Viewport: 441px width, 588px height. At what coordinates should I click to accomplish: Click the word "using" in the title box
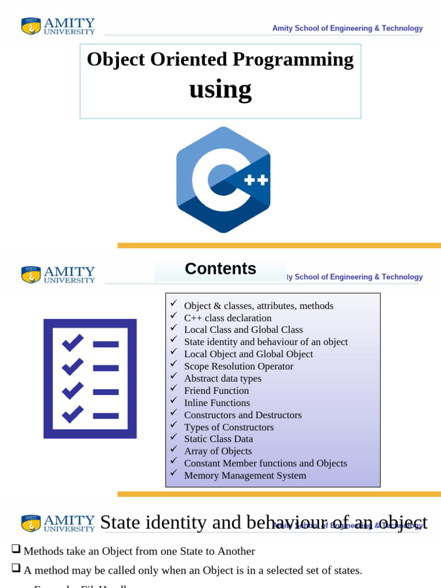coord(220,90)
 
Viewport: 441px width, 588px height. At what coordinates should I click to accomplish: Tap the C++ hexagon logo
coord(223,180)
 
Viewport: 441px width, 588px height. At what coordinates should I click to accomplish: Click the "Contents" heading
coord(220,269)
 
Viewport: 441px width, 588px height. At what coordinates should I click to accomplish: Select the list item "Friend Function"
coord(216,390)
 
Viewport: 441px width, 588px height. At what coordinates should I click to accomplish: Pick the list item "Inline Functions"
coord(217,403)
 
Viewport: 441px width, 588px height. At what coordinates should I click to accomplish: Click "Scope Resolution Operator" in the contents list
coord(238,366)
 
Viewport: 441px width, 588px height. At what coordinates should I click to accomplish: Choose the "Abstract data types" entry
coord(223,378)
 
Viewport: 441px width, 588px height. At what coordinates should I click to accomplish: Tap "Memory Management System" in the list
coord(245,475)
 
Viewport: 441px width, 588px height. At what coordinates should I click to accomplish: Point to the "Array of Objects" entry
coord(218,451)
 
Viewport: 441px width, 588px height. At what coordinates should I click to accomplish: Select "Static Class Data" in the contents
coord(218,439)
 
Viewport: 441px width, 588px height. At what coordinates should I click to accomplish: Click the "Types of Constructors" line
coord(229,427)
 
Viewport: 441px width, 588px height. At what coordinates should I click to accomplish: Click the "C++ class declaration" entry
coord(227,318)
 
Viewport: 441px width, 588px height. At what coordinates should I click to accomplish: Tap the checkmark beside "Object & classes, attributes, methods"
coord(174,304)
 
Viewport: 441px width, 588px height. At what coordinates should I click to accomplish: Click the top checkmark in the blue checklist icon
coord(72,343)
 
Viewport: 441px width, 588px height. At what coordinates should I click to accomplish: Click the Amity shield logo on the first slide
coord(31,26)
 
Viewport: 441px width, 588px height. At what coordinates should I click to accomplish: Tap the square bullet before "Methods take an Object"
coord(16,550)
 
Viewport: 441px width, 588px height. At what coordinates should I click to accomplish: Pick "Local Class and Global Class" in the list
coord(243,330)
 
